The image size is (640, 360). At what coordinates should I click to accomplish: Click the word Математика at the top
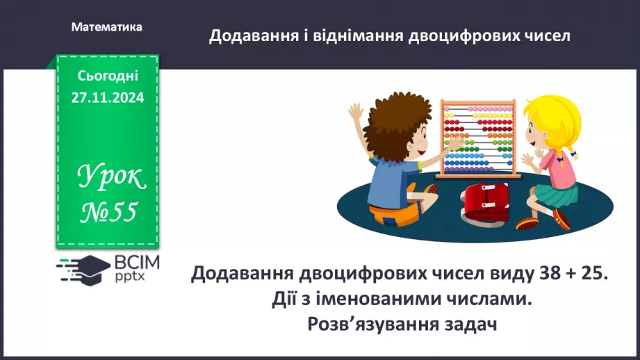[106, 27]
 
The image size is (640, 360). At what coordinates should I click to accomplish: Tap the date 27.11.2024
[107, 98]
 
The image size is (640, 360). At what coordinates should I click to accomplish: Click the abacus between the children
[479, 138]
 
